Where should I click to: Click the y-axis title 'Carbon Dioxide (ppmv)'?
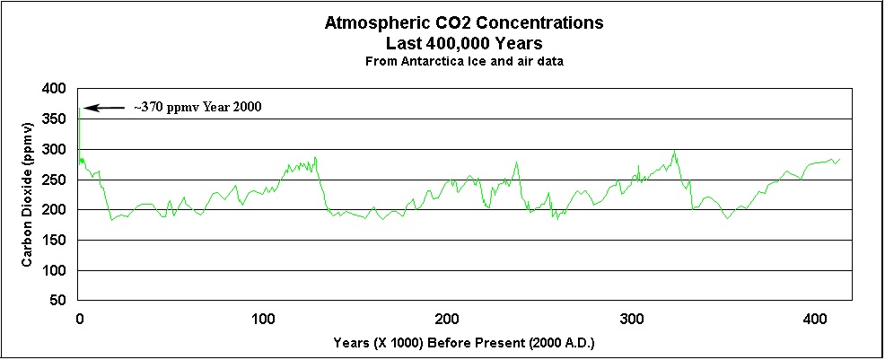[x=28, y=194]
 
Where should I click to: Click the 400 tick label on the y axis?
[x=56, y=89]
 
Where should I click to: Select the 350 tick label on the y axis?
[x=56, y=119]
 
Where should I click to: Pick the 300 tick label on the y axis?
[x=56, y=150]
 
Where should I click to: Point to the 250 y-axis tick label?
[x=56, y=180]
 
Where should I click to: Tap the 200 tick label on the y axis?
[x=56, y=210]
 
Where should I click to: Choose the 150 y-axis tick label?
[x=56, y=241]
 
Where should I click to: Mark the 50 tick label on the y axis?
[x=59, y=301]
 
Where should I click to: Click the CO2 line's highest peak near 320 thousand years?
[x=674, y=151]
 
